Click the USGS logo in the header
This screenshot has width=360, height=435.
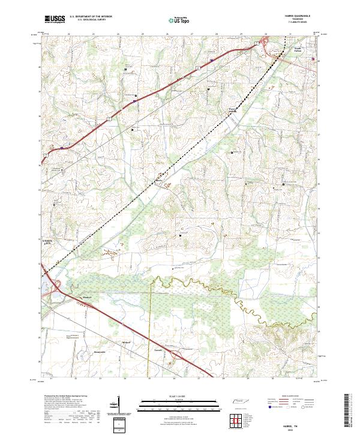tap(55, 20)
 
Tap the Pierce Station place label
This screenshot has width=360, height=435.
tap(232, 110)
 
